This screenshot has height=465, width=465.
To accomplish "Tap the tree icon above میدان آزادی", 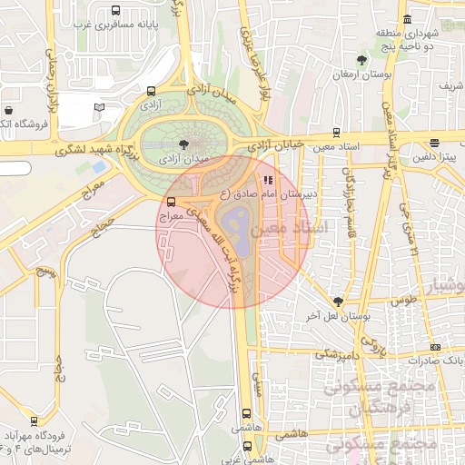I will pyautogui.click(x=184, y=143).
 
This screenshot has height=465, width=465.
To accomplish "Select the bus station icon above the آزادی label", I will pyautogui.click(x=151, y=91).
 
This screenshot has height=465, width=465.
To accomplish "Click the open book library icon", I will pyautogui.click(x=100, y=107).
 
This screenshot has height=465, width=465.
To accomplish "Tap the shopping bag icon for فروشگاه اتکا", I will pyautogui.click(x=7, y=107).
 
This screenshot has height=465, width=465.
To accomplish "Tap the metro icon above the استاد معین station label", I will pyautogui.click(x=337, y=132).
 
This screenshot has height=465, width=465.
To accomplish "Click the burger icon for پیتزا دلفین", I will pyautogui.click(x=435, y=143).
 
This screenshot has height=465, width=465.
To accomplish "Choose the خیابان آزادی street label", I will pyautogui.click(x=272, y=145).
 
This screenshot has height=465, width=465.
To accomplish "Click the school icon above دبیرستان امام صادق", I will pyautogui.click(x=267, y=179).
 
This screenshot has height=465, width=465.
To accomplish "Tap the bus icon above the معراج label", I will pyautogui.click(x=171, y=202).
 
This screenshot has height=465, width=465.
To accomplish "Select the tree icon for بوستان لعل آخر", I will pyautogui.click(x=339, y=301).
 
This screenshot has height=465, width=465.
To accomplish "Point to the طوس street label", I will pyautogui.click(x=403, y=298).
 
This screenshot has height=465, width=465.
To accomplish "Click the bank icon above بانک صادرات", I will pyautogui.click(x=435, y=347).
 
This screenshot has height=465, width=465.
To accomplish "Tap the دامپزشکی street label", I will pyautogui.click(x=337, y=353).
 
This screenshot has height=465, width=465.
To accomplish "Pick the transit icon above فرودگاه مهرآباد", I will pyautogui.click(x=34, y=420).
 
